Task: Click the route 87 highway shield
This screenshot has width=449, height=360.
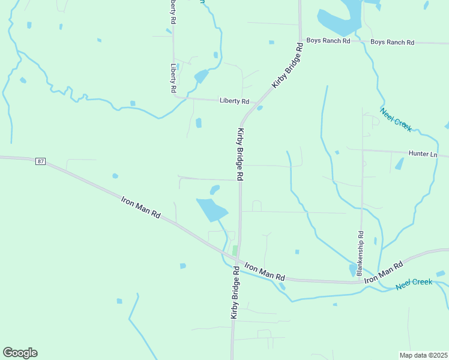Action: pyautogui.click(x=40, y=161)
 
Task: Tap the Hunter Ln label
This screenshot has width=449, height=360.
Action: pyautogui.click(x=423, y=154)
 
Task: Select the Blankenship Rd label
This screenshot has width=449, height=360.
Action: pyautogui.click(x=360, y=253)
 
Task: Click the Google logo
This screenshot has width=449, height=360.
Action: pyautogui.click(x=20, y=352)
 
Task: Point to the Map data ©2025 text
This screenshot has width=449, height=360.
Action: pyautogui.click(x=423, y=355)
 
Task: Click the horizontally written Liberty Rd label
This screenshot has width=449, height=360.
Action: pyautogui.click(x=234, y=101)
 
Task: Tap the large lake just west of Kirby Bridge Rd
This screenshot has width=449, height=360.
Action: pyautogui.click(x=212, y=209)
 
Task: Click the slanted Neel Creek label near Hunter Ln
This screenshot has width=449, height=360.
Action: pyautogui.click(x=396, y=119)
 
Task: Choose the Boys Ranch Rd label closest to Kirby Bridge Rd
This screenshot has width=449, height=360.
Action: pyautogui.click(x=328, y=41)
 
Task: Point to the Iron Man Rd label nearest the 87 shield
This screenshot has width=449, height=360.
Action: pyautogui.click(x=141, y=206)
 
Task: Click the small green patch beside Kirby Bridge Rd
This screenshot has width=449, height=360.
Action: pyautogui.click(x=235, y=250)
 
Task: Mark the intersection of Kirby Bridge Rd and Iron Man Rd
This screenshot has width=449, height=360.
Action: pyautogui.click(x=238, y=262)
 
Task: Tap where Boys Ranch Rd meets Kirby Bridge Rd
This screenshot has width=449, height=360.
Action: pyautogui.click(x=300, y=40)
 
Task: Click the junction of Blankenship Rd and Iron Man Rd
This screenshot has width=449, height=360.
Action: pyautogui.click(x=362, y=281)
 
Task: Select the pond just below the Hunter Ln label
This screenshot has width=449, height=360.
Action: pyautogui.click(x=399, y=164)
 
